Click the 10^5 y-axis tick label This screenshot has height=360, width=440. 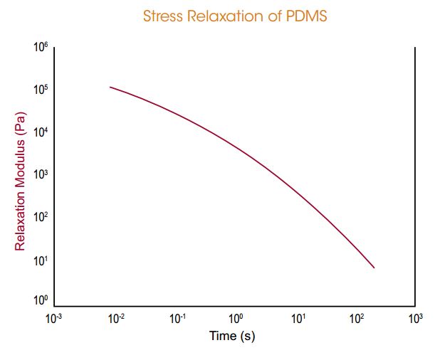(x=40, y=90)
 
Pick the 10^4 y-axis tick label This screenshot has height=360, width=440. (x=40, y=133)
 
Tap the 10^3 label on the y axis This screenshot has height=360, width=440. (x=40, y=175)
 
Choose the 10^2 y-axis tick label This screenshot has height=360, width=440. (x=40, y=217)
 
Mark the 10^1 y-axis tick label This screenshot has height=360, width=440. (x=40, y=260)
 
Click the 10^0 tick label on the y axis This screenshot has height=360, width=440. (x=40, y=302)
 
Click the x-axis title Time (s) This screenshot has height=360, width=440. (x=231, y=336)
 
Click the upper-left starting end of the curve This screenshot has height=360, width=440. (x=110, y=87)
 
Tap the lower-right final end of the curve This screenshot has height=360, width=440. (x=374, y=268)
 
